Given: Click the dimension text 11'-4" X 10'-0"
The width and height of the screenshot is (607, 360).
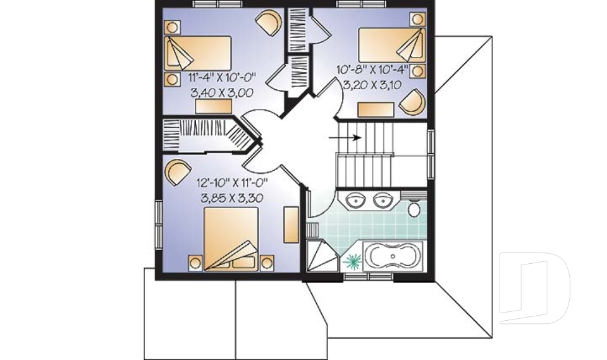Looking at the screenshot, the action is point(223,77).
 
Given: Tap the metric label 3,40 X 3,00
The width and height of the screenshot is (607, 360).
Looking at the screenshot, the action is point(222,93).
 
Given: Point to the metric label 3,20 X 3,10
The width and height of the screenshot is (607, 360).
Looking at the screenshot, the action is point(372,85).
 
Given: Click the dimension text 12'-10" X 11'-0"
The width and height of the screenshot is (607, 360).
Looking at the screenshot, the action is point(232,182).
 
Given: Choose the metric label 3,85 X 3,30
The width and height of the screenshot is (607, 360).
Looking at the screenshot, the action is point(232,199).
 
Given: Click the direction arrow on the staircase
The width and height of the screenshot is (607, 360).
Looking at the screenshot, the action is point(345,137).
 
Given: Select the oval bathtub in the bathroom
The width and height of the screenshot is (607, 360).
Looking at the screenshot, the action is point(393,256).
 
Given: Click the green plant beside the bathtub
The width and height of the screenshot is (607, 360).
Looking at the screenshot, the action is point(352,261).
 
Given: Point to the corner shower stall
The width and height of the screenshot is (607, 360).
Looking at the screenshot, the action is point(322,256).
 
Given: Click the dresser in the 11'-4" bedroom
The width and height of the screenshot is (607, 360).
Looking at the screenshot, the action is point(214,106).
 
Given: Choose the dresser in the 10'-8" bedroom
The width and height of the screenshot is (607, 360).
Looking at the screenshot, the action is point(376,109).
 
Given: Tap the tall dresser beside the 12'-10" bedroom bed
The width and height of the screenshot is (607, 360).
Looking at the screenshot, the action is point(291,225).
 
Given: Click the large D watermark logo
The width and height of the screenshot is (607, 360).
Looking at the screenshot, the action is point(534,287).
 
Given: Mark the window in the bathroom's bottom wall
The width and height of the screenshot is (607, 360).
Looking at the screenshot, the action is point(369,276).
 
